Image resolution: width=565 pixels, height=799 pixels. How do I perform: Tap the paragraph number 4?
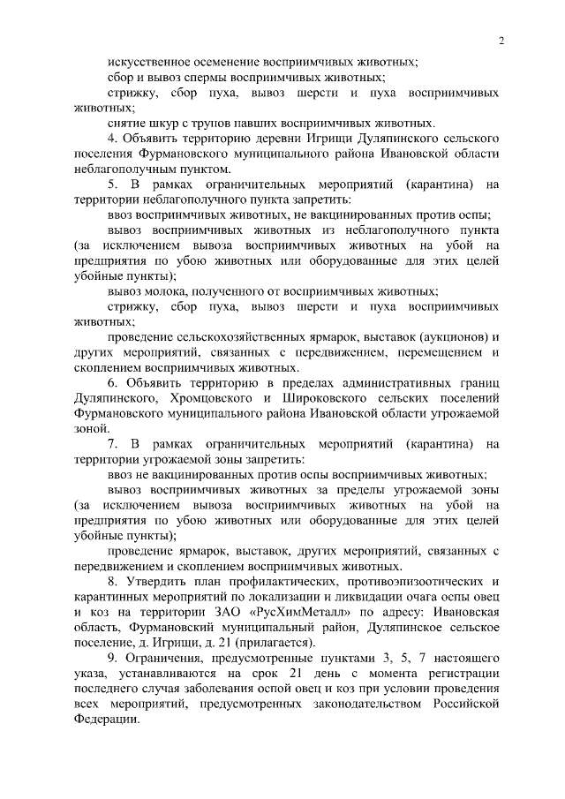112,139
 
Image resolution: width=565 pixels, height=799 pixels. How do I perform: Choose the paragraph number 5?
112,185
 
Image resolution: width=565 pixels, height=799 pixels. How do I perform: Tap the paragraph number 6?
112,382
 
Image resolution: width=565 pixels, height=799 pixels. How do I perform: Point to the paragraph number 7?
112,443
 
